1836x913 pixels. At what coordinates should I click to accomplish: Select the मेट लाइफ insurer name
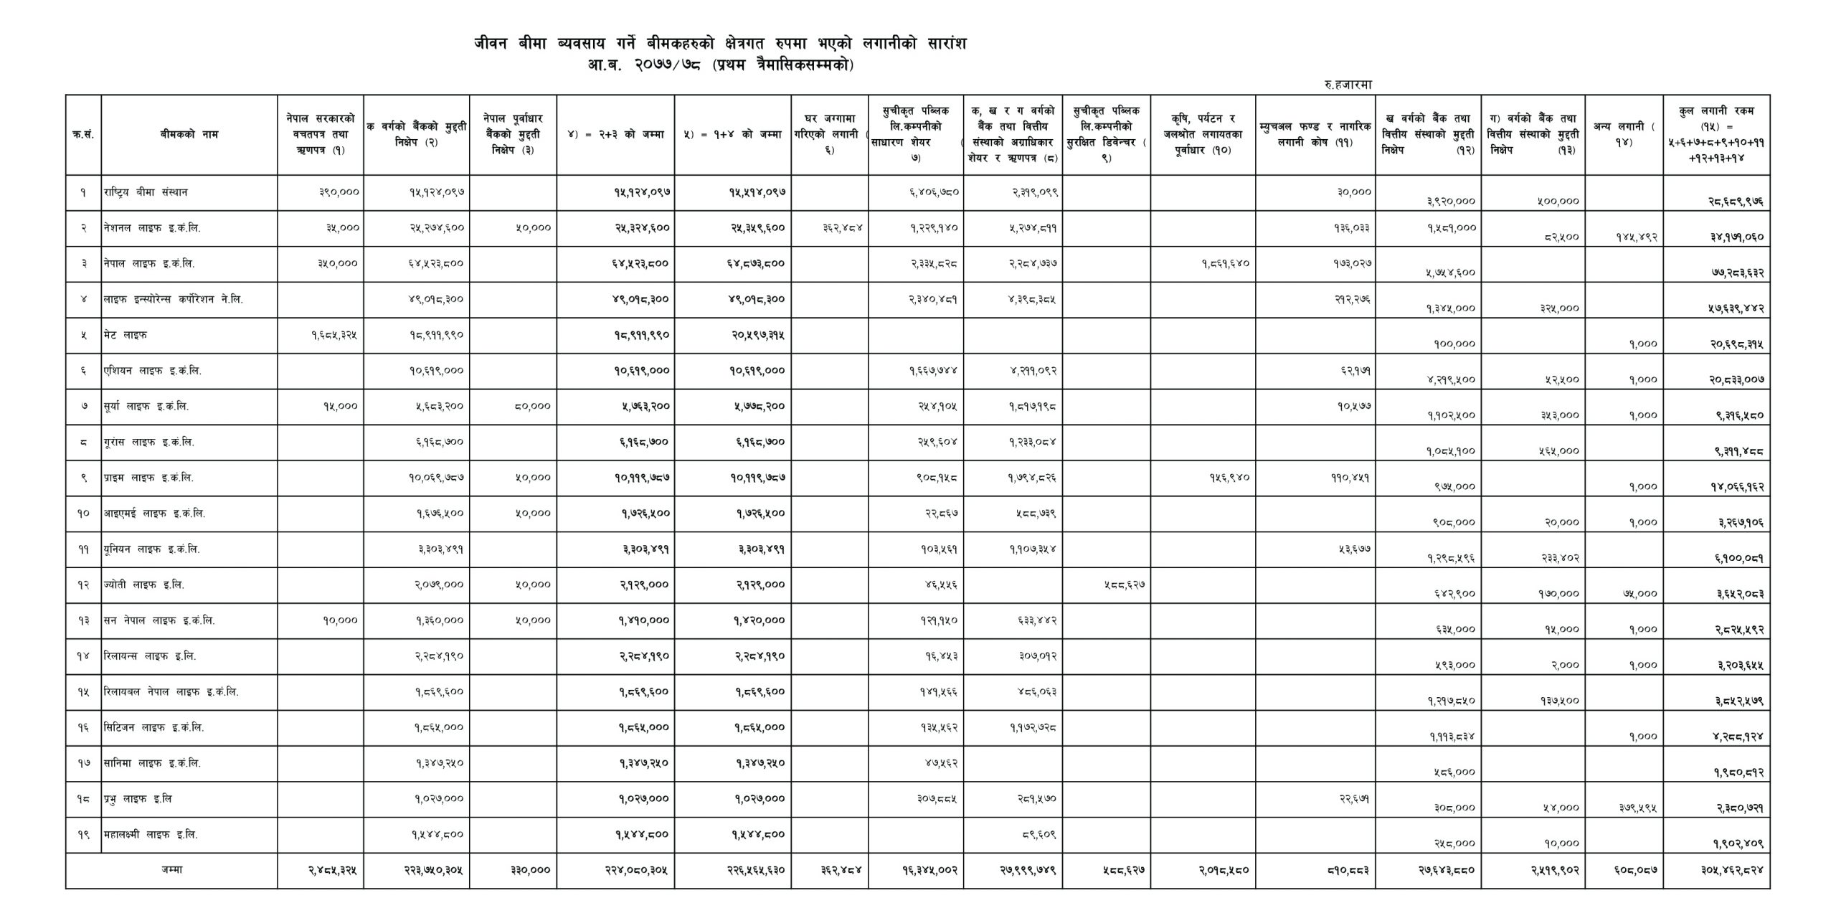point(126,336)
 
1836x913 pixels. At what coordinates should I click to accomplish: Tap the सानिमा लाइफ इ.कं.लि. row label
point(152,764)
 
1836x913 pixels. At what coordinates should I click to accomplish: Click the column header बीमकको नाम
point(189,134)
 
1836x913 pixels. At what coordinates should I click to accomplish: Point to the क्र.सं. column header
point(83,134)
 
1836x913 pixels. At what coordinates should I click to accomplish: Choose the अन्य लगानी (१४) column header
point(1624,134)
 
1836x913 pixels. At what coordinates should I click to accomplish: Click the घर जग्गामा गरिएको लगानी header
point(831,134)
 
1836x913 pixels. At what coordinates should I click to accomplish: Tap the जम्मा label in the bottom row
point(171,870)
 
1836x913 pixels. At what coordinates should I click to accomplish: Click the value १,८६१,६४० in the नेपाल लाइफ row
point(1226,264)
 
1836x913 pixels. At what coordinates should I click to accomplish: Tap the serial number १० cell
point(83,514)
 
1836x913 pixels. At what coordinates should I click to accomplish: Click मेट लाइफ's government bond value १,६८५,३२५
point(334,336)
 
